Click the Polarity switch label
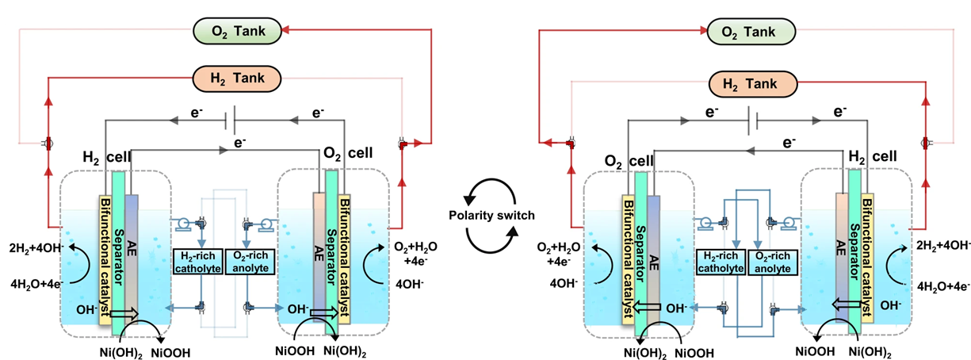click(491, 216)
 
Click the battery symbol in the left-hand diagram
click(227, 121)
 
